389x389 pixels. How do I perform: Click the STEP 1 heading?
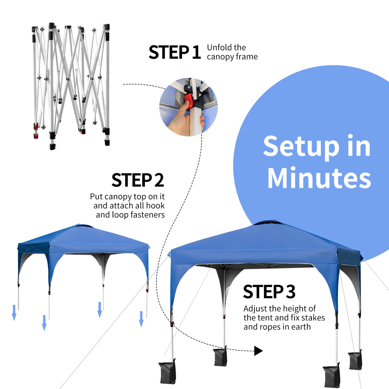point(175,52)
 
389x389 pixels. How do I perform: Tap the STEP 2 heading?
point(138,180)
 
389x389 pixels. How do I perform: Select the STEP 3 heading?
point(269,292)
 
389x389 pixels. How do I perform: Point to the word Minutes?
point(319,178)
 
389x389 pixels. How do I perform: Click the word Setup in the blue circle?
point(301,147)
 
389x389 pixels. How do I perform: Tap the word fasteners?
point(148,215)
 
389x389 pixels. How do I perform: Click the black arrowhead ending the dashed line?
point(258,351)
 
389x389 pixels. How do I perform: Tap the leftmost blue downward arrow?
point(14,313)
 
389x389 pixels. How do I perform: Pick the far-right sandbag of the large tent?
point(355,360)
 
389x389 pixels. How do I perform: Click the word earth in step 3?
point(301,327)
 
